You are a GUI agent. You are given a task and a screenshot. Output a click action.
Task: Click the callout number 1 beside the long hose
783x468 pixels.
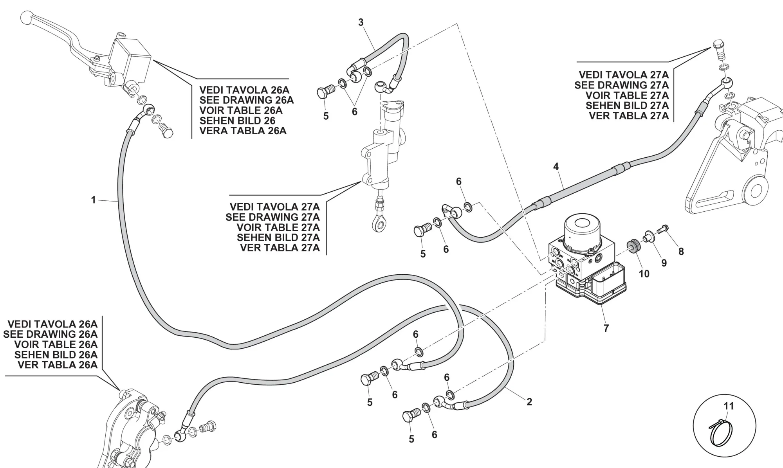coord(93,200)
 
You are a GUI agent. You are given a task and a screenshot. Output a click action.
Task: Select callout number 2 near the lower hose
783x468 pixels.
coord(529,401)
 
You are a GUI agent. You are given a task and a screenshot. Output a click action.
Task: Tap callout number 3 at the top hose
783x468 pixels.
coord(361,22)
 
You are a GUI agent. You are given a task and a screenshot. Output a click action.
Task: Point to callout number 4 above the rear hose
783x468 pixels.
coord(556,166)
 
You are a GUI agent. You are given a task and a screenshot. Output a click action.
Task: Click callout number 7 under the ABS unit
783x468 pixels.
coord(606,328)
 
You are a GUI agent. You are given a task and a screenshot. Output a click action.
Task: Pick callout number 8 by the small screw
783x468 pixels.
coord(681,252)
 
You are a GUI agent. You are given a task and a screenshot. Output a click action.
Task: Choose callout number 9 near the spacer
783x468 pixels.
coord(664,263)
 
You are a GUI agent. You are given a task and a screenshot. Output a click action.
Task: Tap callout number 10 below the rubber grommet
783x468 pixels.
coord(644,274)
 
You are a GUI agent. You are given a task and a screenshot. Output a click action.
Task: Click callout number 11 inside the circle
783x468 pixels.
coord(728,406)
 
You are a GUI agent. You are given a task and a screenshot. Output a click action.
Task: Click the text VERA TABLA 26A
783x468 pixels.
coord(243,131)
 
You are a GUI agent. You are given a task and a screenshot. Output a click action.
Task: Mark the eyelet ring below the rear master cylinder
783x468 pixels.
coord(379,224)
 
